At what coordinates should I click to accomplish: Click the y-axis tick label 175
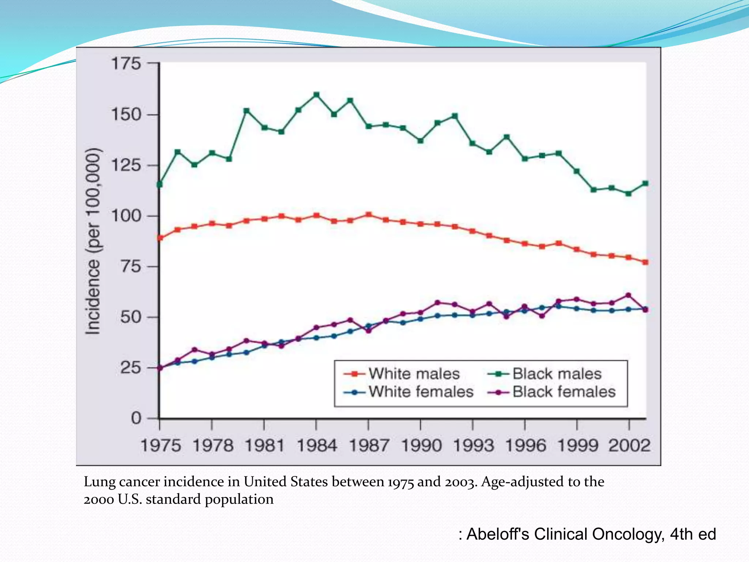click(126, 64)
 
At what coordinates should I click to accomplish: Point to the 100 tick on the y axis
click(126, 216)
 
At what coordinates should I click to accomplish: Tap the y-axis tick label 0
click(136, 418)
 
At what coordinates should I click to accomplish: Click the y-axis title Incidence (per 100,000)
click(93, 241)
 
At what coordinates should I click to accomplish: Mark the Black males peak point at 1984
click(317, 95)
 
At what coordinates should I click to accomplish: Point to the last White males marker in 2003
click(646, 262)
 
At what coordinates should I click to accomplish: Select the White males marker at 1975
click(160, 238)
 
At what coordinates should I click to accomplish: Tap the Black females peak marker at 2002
click(629, 295)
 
